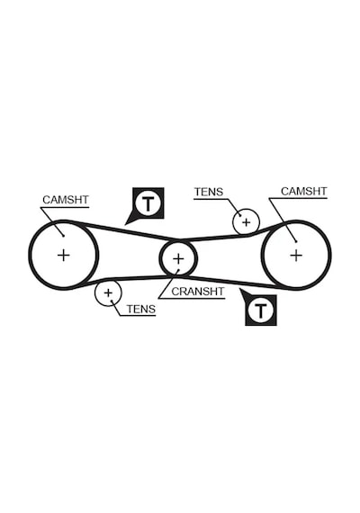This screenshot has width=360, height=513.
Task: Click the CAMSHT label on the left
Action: point(66,200)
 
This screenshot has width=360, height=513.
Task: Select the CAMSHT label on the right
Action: point(303,191)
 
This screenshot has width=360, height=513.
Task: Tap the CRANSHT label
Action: point(198,292)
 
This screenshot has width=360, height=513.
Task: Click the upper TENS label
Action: point(209,192)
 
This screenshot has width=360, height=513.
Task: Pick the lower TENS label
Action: point(141,309)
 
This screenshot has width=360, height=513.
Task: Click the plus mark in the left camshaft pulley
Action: point(64,255)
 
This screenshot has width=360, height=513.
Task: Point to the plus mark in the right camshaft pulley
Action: point(296,256)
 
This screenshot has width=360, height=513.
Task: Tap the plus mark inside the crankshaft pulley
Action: point(178,259)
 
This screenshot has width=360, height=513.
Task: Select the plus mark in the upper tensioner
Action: point(246,222)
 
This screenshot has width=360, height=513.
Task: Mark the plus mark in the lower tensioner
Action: point(108,292)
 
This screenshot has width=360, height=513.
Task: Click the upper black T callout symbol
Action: point(148,203)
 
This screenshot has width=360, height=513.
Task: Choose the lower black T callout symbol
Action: point(261,310)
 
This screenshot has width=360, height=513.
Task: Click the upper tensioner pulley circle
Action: point(233,222)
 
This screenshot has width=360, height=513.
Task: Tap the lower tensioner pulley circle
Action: point(94,292)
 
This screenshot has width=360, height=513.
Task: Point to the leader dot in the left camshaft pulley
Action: point(64,236)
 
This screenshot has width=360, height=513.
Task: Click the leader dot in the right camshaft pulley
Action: point(296,242)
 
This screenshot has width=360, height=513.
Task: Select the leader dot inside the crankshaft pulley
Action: point(179,270)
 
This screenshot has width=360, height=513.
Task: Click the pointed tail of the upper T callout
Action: point(125,225)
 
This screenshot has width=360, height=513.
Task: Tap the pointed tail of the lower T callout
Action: point(239,289)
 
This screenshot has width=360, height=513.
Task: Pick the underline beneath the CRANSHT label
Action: point(192,299)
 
